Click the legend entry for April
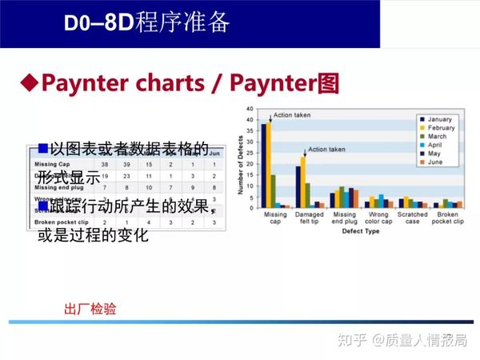pos(439,145)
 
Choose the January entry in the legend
pos(441,118)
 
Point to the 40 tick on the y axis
pos(250,109)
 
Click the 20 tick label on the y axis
pos(250,158)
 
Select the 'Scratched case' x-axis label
pos(413,219)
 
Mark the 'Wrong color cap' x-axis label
pos(378,219)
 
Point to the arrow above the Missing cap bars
pos(270,118)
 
